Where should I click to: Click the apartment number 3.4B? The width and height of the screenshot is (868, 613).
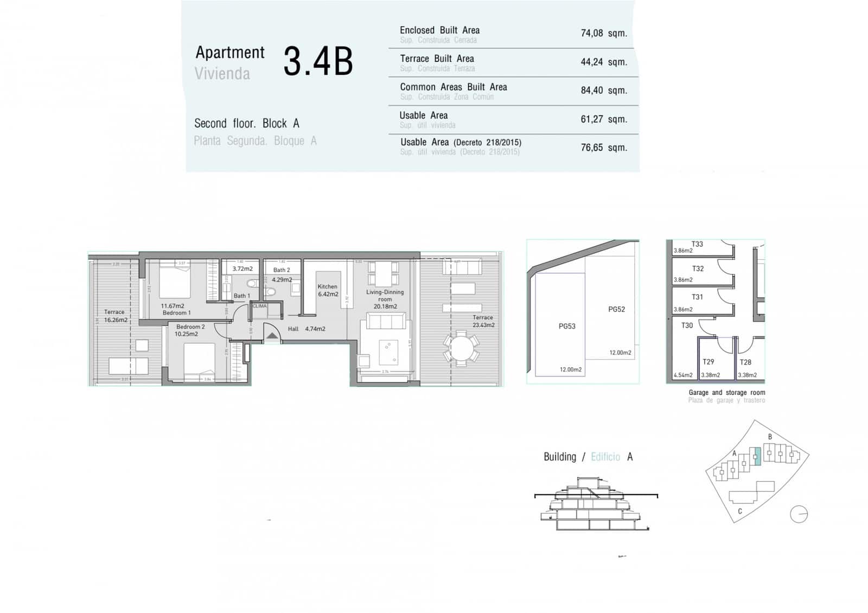[318, 61]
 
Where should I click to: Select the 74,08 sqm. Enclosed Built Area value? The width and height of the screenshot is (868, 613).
[603, 33]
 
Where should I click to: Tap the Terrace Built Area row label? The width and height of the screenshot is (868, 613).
[437, 59]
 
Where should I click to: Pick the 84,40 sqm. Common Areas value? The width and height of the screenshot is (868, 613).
[603, 91]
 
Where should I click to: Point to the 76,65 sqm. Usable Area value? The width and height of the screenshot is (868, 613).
[603, 148]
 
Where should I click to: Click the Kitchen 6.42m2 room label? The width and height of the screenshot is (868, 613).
[327, 290]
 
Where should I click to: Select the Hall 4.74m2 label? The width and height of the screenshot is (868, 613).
[307, 329]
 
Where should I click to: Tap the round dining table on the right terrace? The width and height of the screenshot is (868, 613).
[461, 349]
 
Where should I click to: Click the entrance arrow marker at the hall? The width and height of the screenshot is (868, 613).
[272, 336]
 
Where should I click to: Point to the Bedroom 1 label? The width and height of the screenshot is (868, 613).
[176, 313]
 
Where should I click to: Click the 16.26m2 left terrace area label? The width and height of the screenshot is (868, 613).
[116, 320]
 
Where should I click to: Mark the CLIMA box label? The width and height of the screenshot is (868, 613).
[260, 306]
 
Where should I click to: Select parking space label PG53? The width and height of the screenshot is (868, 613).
[567, 326]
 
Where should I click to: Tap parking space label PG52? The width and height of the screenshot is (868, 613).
[616, 309]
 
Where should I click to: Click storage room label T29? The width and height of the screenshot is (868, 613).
[708, 362]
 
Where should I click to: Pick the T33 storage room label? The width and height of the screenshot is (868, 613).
[697, 244]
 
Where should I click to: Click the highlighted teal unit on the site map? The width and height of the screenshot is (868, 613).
[758, 457]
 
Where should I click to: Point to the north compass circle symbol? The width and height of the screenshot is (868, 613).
[799, 514]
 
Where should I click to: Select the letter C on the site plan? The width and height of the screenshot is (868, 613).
[740, 511]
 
